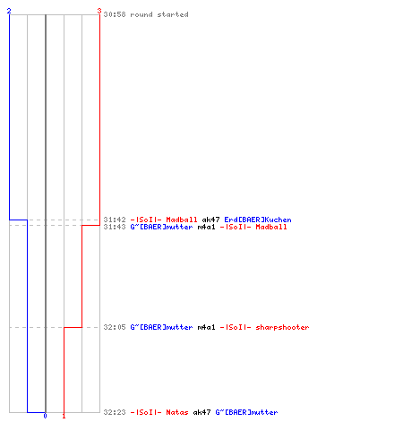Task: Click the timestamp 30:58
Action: pos(115,14)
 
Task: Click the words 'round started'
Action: pos(159,14)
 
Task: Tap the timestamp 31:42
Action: pos(115,220)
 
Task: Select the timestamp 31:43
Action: pos(115,227)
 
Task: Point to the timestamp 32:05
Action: pos(115,327)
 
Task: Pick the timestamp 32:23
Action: pos(115,412)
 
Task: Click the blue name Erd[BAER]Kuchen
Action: pos(258,220)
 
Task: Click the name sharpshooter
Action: pos(282,327)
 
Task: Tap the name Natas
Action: pos(177,412)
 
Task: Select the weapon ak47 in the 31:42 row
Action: pos(210,220)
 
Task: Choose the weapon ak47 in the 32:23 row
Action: pos(201,412)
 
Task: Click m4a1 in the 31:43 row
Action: pos(206,227)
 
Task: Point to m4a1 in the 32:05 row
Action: pos(206,327)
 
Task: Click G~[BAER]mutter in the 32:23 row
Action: pos(246,412)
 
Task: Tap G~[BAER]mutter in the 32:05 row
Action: pos(161,327)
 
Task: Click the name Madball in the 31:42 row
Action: pos(182,220)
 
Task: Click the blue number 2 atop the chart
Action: pos(9,11)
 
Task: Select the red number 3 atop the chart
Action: pos(99,11)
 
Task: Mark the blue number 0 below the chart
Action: pos(45,416)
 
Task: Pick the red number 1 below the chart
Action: pos(64,416)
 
